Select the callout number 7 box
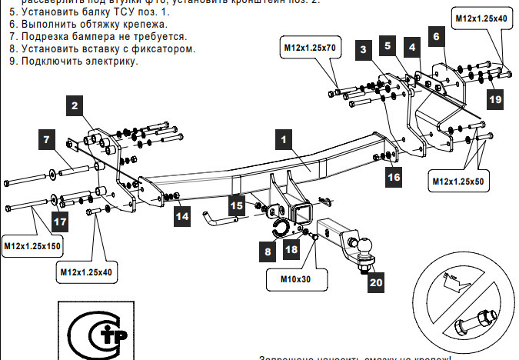point(47,140)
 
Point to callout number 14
point(181,217)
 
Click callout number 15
point(237,205)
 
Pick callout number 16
point(393,176)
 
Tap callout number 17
point(60,221)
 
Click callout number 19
point(495,98)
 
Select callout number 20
point(375,282)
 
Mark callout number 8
point(268,251)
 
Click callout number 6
point(436,36)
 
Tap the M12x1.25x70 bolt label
point(308,48)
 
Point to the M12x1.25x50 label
point(457,182)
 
